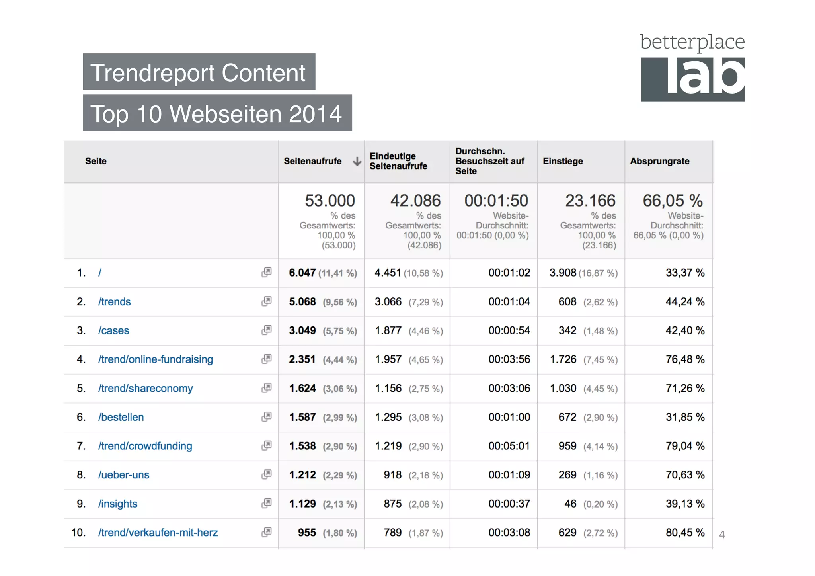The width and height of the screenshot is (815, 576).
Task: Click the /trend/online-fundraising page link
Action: pos(156,359)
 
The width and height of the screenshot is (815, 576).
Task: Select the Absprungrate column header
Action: pos(659,161)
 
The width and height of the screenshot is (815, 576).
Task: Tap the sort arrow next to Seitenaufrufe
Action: pos(357,161)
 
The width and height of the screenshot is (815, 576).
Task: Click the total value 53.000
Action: pos(330,201)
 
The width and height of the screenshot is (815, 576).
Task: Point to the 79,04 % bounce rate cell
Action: pos(685,446)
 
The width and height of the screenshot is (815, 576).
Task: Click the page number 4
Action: pos(722,535)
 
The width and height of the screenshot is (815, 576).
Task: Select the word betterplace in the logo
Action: pos(692,42)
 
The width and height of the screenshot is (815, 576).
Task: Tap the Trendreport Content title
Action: pos(198,73)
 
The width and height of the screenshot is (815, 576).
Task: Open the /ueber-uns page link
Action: pos(124,475)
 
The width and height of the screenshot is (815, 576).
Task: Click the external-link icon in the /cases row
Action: pos(266,330)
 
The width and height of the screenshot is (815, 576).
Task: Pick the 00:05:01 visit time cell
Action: pos(509,446)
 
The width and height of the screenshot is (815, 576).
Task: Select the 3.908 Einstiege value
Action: pos(563,273)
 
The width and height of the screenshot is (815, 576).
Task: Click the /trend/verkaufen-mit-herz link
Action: pos(158,533)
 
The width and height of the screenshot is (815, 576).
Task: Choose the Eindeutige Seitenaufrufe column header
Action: pos(398,161)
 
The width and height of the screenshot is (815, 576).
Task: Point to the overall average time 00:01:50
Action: pos(496,201)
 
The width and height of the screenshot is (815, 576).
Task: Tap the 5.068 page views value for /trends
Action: pos(302,302)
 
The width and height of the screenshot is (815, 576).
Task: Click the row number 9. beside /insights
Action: pos(81,504)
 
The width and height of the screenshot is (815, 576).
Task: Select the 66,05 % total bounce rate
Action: pos(673,201)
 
